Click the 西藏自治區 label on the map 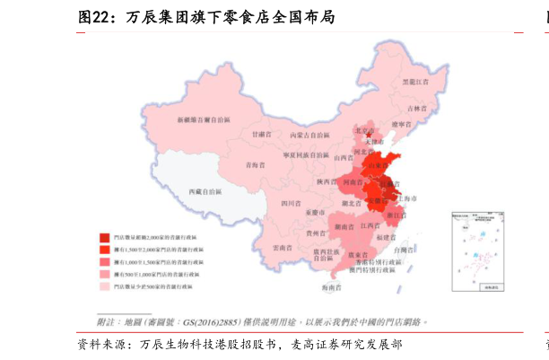click(206, 192)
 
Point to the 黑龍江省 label click(414, 82)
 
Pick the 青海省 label click(257, 164)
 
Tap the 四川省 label click(290, 204)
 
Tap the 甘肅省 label click(261, 134)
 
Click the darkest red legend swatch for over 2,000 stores click(105, 237)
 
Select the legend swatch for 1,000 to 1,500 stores click(105, 261)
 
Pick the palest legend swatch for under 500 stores click(105, 286)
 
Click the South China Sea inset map click(476, 252)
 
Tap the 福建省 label click(388, 237)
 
